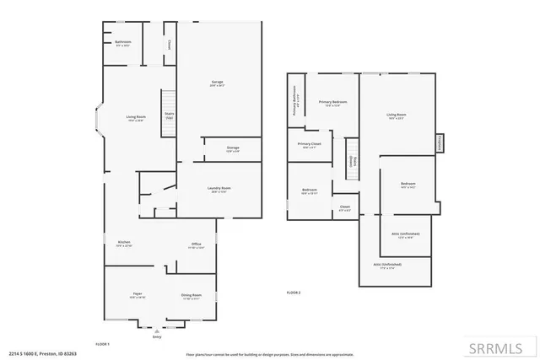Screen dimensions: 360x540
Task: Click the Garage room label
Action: (218, 83)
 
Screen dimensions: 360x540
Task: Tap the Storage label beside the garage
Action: (233, 148)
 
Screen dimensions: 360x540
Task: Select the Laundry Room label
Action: (221, 189)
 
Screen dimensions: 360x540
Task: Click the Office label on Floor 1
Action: (196, 245)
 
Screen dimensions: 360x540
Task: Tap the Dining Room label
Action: (192, 296)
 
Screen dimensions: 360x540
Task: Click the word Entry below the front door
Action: (156, 336)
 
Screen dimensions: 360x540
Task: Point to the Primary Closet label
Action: (310, 145)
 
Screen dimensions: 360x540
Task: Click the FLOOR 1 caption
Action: (103, 344)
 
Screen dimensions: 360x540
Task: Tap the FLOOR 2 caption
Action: (294, 292)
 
